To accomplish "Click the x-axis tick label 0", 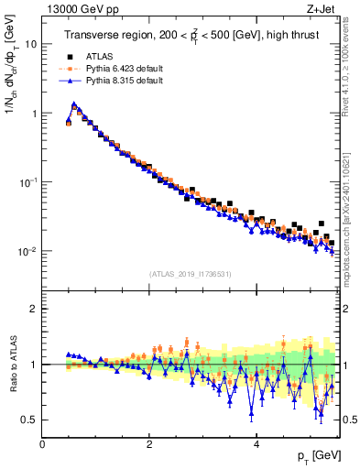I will (42, 443).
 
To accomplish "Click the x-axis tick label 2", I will (149, 443).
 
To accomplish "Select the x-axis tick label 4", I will (256, 443).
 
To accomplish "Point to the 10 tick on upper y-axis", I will (30, 44).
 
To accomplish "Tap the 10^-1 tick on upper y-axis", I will (27, 182).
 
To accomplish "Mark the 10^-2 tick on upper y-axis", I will (27, 251).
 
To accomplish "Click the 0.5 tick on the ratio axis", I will (29, 420).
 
